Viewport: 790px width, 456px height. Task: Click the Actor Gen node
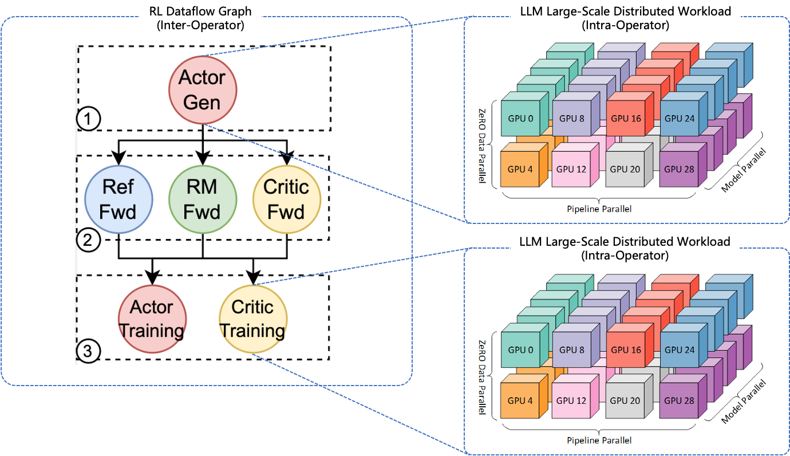203,90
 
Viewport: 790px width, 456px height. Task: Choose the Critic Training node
253,319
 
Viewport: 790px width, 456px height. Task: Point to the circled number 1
88,120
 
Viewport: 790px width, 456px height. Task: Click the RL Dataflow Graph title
201,18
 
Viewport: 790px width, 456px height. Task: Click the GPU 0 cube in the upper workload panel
520,119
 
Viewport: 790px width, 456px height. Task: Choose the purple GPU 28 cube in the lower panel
679,400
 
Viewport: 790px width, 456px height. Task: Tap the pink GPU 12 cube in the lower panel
571,400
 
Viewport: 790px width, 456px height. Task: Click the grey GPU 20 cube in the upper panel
625,169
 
